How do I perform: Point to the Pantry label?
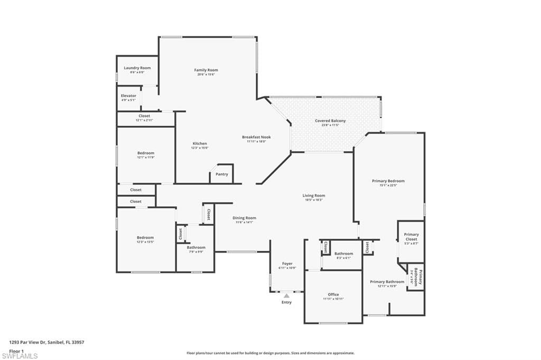point(222,174)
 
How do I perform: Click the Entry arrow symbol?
point(286,296)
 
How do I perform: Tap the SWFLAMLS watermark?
point(20,356)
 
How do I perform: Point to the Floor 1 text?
point(17,350)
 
